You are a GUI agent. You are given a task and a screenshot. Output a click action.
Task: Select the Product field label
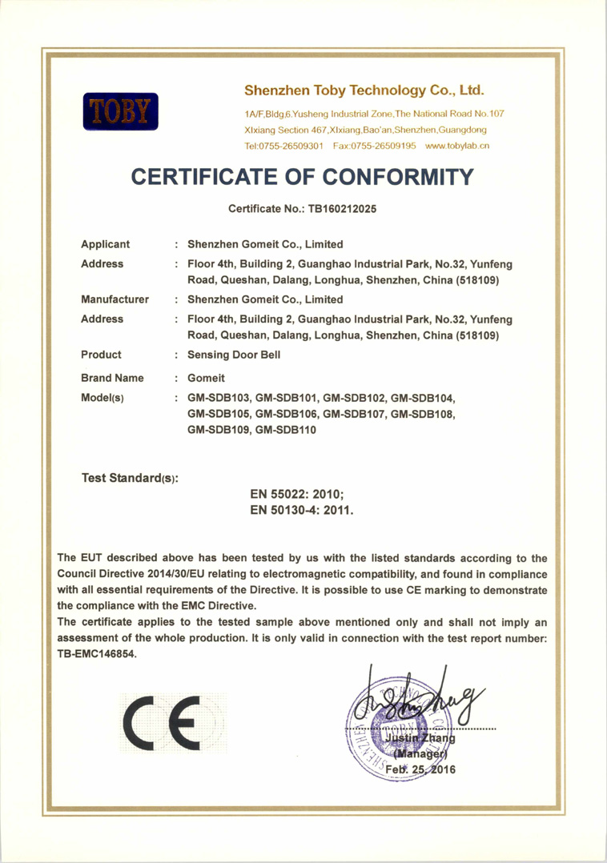(x=102, y=354)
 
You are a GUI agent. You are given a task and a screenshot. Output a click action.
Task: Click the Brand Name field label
(x=112, y=376)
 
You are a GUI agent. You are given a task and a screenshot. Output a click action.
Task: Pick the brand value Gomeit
(x=205, y=376)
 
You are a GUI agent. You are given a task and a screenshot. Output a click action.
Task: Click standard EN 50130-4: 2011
(x=302, y=509)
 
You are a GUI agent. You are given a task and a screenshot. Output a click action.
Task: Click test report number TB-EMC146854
(x=97, y=652)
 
